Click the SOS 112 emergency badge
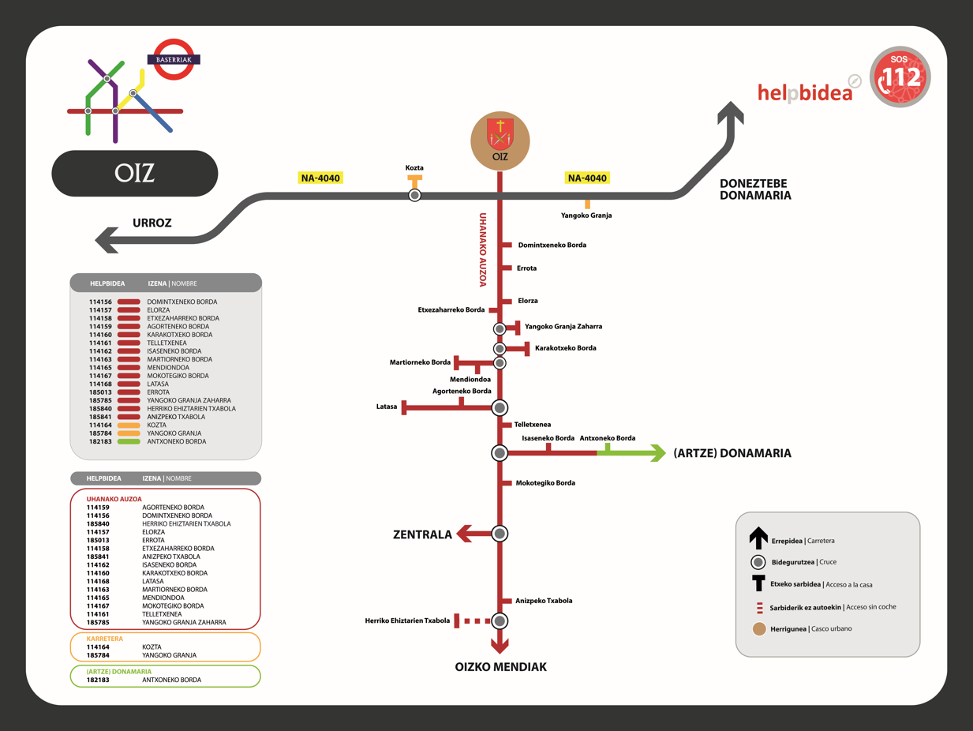pyautogui.click(x=900, y=77)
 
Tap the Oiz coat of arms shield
pyautogui.click(x=500, y=133)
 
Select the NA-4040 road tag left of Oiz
pyautogui.click(x=320, y=178)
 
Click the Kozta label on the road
pyautogui.click(x=414, y=168)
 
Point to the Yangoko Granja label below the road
pyautogui.click(x=586, y=216)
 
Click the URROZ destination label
pyautogui.click(x=152, y=223)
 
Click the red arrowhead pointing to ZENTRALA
pyautogui.click(x=465, y=534)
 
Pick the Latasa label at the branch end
pyautogui.click(x=387, y=407)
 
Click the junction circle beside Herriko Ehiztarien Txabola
pyautogui.click(x=500, y=621)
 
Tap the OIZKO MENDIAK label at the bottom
pyautogui.click(x=500, y=667)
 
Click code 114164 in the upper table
pyautogui.click(x=100, y=425)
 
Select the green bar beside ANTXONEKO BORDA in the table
pyautogui.click(x=129, y=442)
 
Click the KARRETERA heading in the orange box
pyautogui.click(x=105, y=639)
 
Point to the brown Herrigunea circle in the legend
pyautogui.click(x=759, y=629)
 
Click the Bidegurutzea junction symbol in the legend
pyautogui.click(x=758, y=562)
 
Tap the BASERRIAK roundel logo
pyautogui.click(x=174, y=60)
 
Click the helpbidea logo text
pyautogui.click(x=805, y=92)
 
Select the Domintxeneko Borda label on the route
pyautogui.click(x=552, y=246)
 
